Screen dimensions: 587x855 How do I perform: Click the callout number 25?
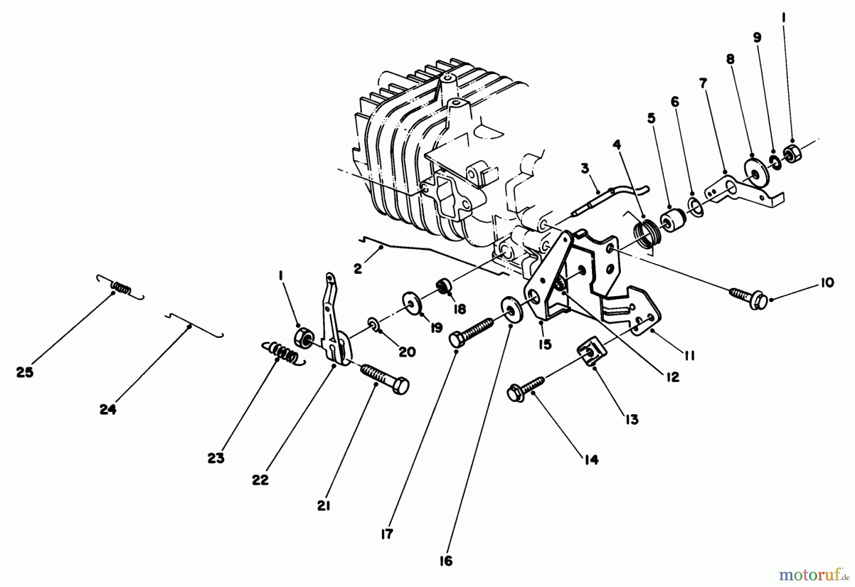click(25, 373)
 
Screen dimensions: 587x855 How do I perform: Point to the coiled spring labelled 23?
click(283, 353)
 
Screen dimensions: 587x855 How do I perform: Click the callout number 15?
click(545, 345)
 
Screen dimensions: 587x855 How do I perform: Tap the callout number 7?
click(703, 84)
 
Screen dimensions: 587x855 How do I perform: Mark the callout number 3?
click(585, 168)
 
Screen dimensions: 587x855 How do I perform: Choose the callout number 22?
click(260, 480)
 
